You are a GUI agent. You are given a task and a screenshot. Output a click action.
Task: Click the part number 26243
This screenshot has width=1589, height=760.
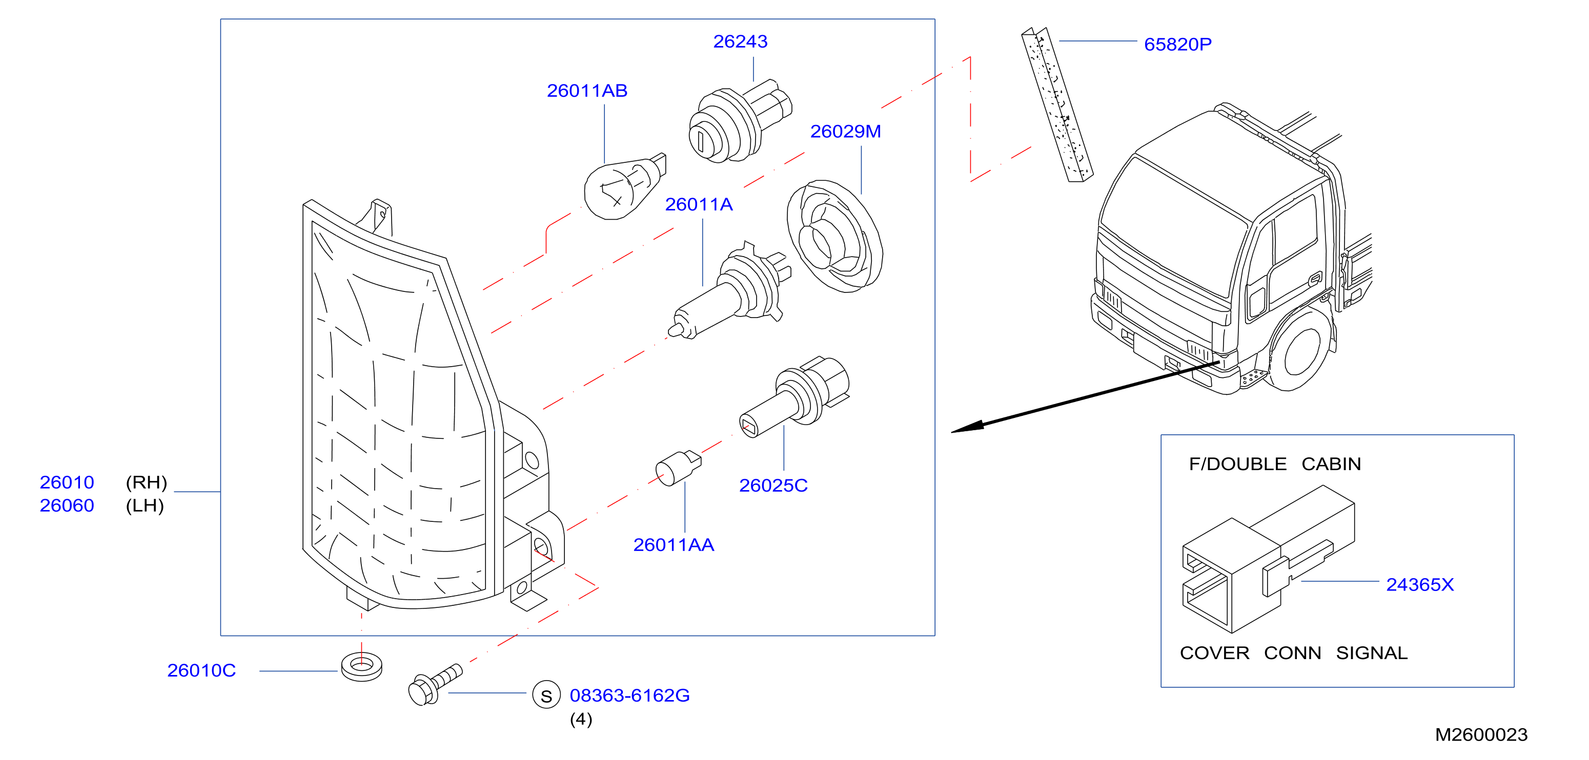[740, 41]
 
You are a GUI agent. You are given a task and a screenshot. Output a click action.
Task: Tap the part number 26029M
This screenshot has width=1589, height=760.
[845, 131]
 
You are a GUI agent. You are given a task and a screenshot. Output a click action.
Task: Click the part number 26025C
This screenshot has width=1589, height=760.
[773, 485]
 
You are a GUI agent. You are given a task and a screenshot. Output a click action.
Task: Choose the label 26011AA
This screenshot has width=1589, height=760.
[673, 545]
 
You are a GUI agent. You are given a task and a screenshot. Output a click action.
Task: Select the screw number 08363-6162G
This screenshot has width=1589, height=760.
[629, 695]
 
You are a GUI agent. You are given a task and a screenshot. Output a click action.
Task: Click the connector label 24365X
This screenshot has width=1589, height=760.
[1419, 584]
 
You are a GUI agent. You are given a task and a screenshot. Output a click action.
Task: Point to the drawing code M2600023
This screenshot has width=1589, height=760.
[1480, 735]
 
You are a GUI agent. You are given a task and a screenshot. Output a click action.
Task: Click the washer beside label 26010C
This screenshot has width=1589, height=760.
[361, 666]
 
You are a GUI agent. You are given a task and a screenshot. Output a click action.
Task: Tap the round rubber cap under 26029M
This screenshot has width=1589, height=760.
[834, 236]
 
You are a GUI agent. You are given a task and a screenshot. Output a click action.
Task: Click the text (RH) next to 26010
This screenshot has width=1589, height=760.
[146, 482]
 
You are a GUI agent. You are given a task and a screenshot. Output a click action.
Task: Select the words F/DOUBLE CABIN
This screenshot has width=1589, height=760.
[1274, 463]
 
